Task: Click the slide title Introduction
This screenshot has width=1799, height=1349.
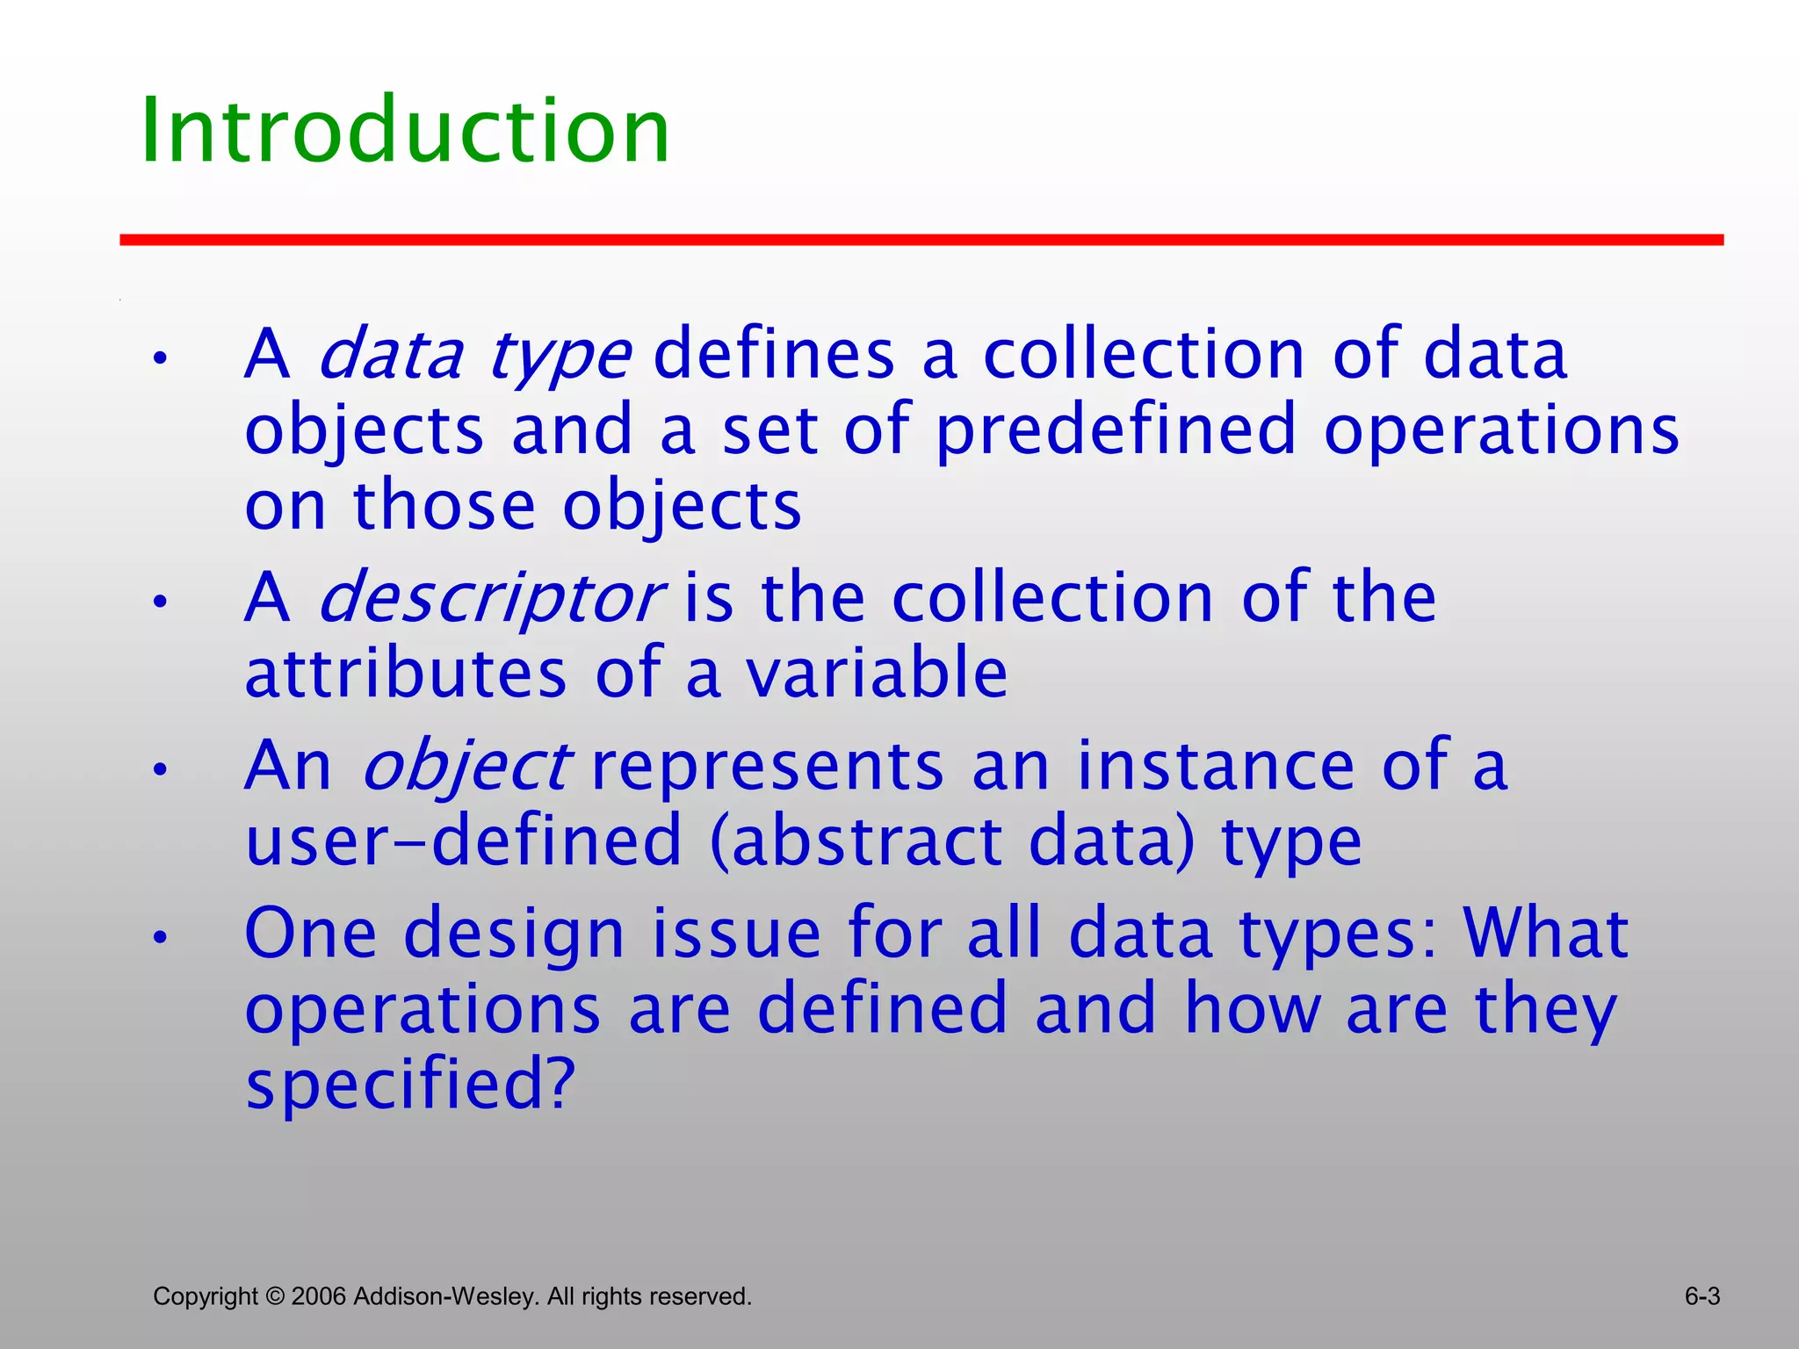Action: tap(405, 132)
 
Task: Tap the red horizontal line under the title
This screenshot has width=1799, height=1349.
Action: tap(921, 240)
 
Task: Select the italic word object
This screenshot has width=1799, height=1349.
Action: tap(466, 767)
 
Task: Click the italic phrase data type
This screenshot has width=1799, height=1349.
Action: tap(473, 357)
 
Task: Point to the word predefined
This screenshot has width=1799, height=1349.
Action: tap(1116, 431)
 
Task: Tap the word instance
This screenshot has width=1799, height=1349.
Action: tap(1216, 766)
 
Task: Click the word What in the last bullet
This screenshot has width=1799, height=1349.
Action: tap(1545, 933)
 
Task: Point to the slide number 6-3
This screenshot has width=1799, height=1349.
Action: tap(1701, 1296)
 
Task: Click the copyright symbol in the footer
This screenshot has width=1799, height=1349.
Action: tap(275, 1296)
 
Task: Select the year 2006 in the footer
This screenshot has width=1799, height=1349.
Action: tap(319, 1296)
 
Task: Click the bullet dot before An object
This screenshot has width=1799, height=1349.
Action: tap(159, 770)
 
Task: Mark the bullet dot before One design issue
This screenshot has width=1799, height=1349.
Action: tap(159, 937)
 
